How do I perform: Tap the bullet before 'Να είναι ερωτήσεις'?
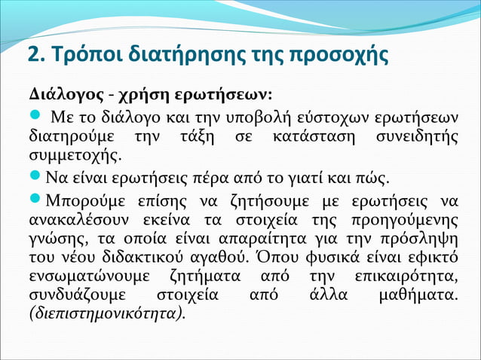(x=34, y=178)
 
